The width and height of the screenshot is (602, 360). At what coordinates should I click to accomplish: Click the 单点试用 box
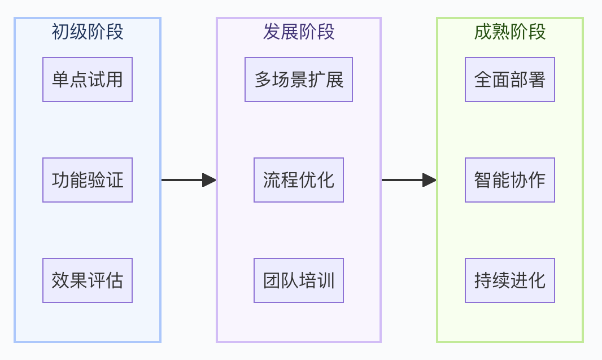pos(88,80)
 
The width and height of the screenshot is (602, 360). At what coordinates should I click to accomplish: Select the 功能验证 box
pos(88,180)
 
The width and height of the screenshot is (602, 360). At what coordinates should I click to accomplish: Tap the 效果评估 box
pos(88,280)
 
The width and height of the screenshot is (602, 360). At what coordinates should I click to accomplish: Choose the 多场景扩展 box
pos(299,80)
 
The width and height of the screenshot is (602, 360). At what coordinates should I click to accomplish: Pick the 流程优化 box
pos(299,180)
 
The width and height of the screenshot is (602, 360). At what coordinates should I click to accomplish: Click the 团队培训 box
pos(299,280)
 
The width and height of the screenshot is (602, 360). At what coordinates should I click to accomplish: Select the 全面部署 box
pos(510,80)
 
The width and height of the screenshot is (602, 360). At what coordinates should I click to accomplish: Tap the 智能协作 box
pos(510,180)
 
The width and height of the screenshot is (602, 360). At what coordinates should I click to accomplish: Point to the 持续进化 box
pos(510,280)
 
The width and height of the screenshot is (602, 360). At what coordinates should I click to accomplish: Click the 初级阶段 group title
pos(88,32)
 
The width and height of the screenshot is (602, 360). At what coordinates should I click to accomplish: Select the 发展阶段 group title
pos(299,32)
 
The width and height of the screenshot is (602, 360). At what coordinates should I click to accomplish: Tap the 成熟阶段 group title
pos(510,32)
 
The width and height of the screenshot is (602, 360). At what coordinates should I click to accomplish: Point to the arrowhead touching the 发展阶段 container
pos(210,180)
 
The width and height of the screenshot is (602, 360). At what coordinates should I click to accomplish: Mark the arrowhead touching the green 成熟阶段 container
pos(430,180)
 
